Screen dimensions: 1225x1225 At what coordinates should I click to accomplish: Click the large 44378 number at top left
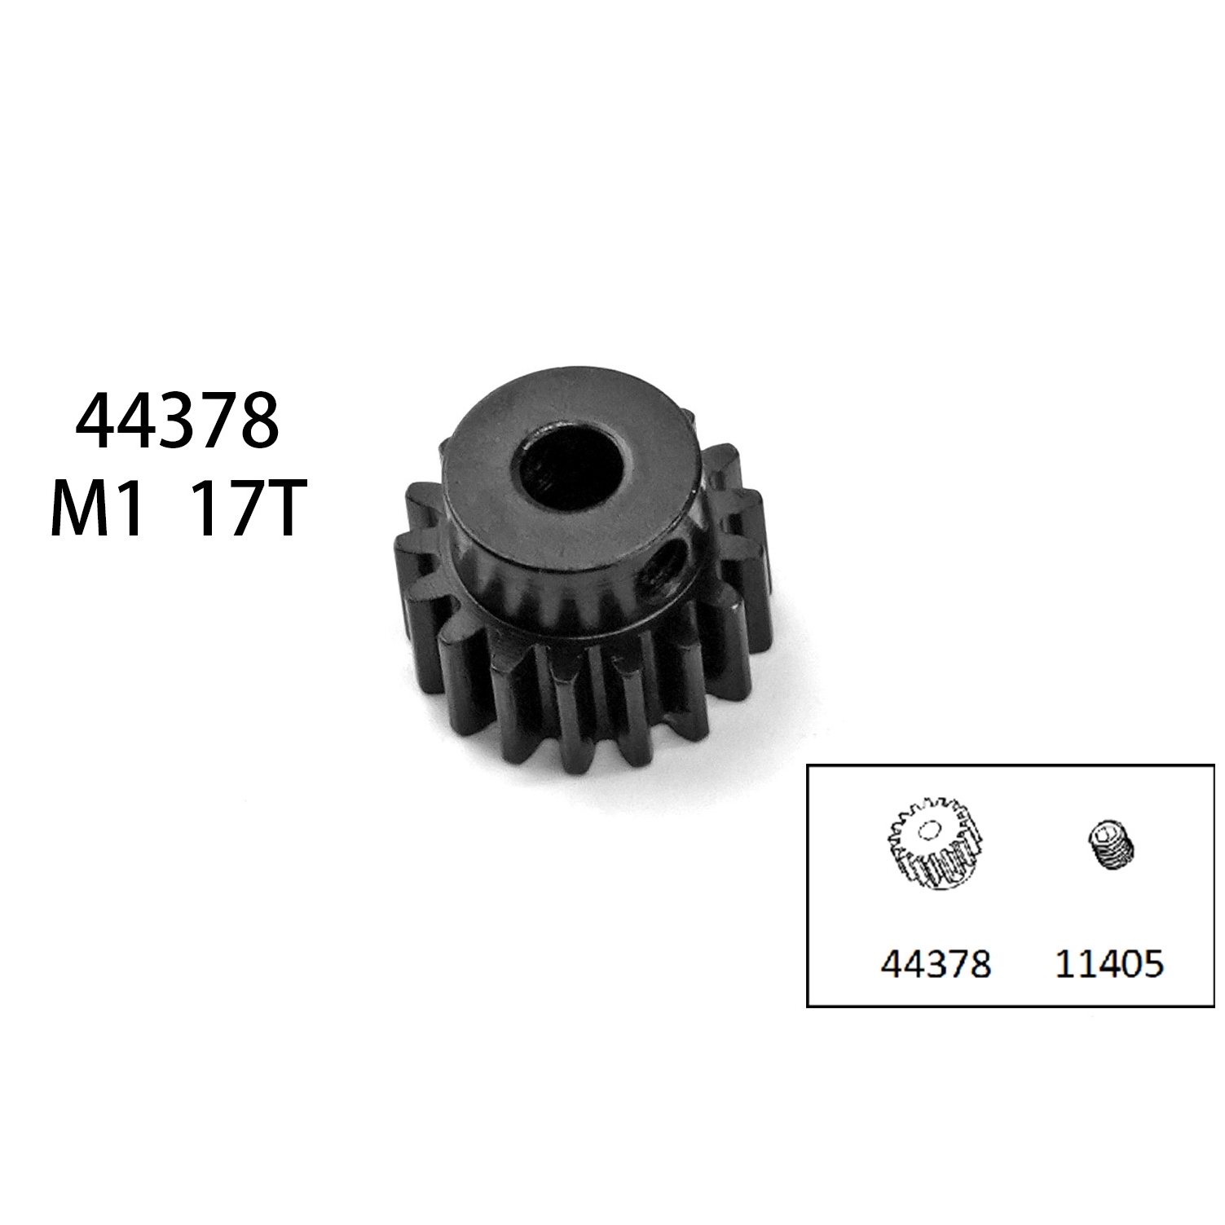coord(177,422)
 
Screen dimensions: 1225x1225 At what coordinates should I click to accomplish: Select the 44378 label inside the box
coord(935,965)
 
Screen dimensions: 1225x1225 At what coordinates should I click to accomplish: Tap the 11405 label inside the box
coord(1109,965)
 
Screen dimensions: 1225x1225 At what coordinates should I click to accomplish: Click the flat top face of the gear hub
coord(481,456)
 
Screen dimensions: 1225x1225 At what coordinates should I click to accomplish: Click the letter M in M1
coord(78,512)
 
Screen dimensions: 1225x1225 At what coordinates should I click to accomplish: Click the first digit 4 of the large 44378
coord(95,422)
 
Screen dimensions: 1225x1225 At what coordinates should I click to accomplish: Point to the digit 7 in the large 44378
coord(218,422)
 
